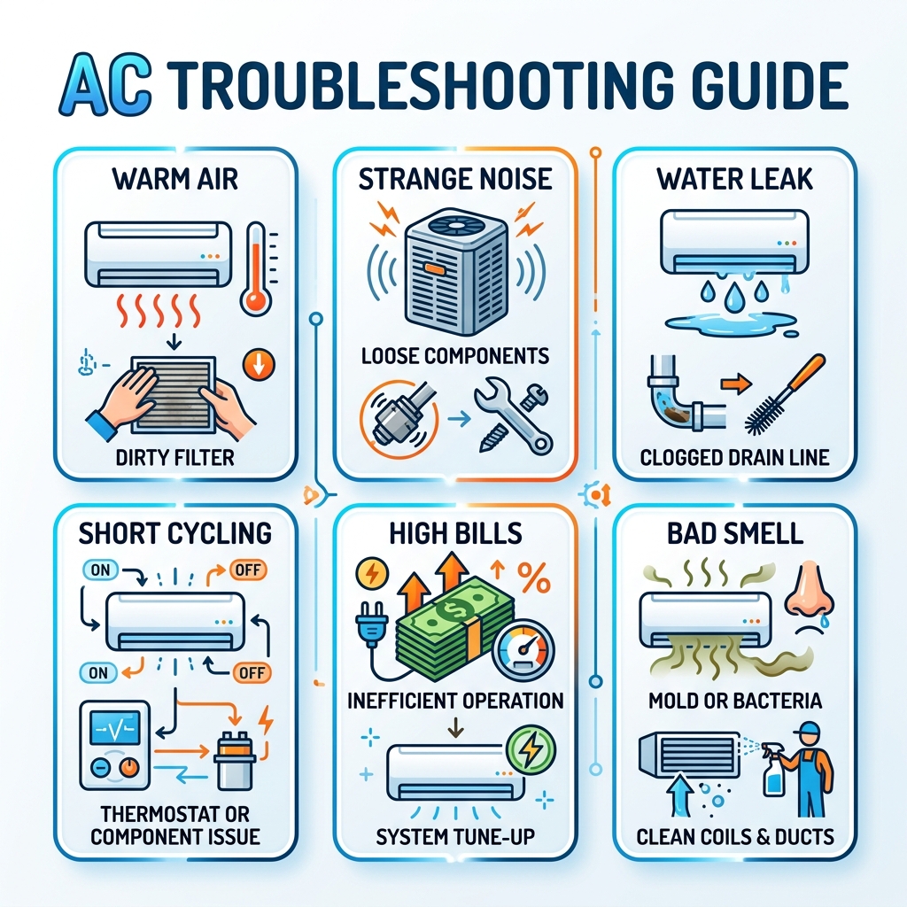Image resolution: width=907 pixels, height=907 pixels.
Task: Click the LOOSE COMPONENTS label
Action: (454, 357)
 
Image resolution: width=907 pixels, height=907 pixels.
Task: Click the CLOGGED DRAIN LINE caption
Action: (735, 458)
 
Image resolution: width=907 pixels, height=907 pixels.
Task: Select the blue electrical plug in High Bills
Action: (368, 632)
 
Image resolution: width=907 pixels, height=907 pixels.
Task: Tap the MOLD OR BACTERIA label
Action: (735, 701)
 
